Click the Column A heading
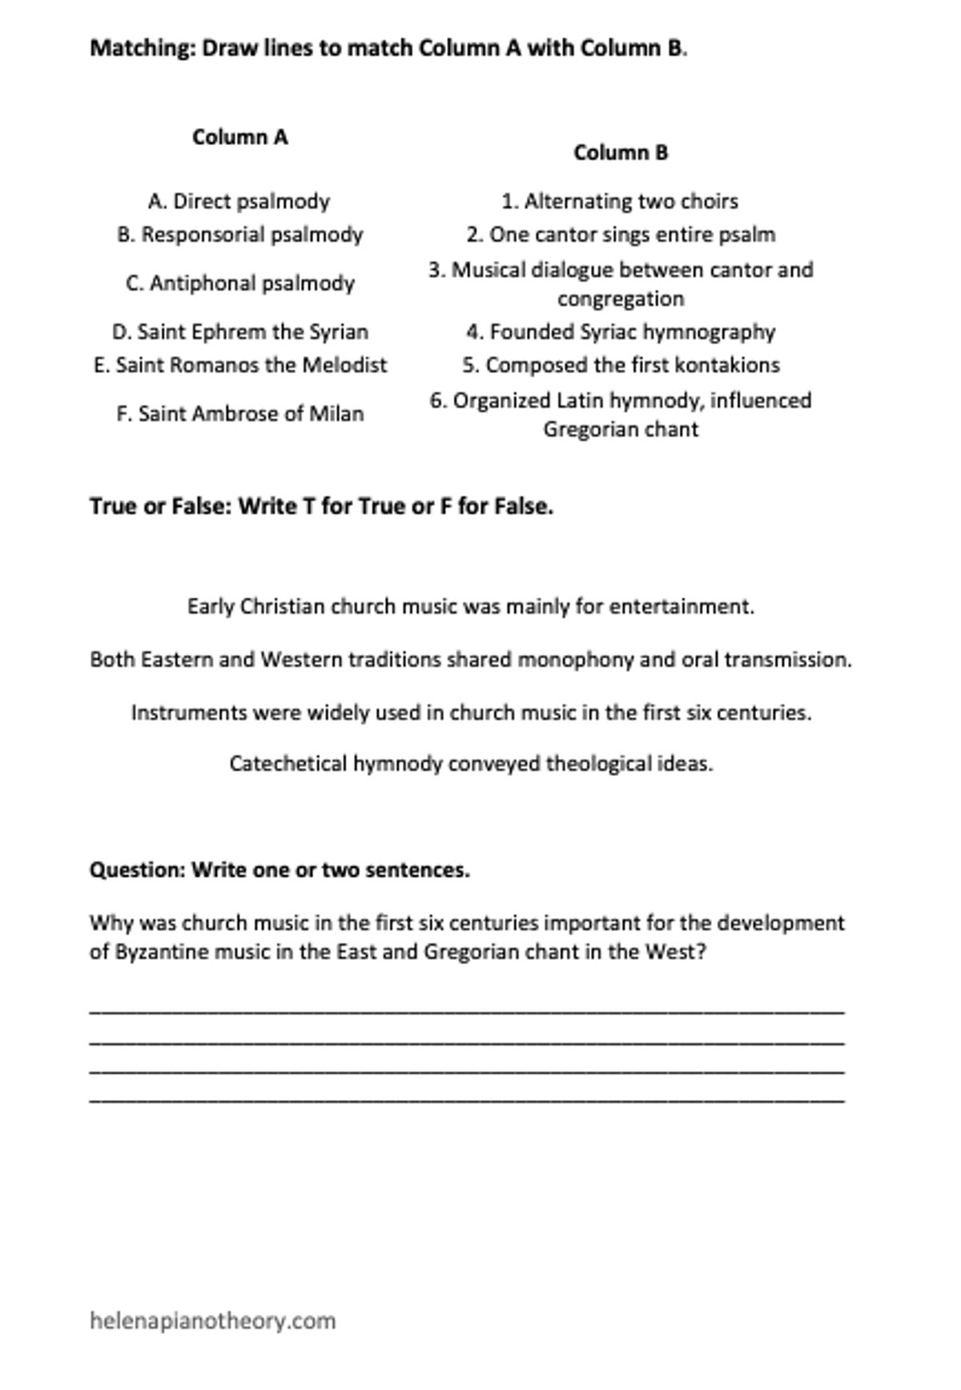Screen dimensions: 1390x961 (x=239, y=138)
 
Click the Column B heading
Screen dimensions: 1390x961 (x=621, y=153)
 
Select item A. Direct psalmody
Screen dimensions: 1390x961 (x=239, y=201)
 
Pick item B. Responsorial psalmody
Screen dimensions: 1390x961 (x=239, y=235)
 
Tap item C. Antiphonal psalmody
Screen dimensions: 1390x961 (x=239, y=283)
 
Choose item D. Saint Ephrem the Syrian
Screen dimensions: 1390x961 (x=239, y=331)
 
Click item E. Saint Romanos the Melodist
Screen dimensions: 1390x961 (x=239, y=365)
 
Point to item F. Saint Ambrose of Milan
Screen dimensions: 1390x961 (x=239, y=414)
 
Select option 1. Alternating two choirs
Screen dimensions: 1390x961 (x=620, y=201)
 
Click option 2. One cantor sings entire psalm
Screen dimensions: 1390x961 (x=621, y=235)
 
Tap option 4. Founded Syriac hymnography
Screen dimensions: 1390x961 (x=621, y=331)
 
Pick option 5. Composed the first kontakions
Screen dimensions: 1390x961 (x=621, y=365)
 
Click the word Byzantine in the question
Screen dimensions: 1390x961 (x=158, y=953)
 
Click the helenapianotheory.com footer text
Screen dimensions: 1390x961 (x=212, y=1320)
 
